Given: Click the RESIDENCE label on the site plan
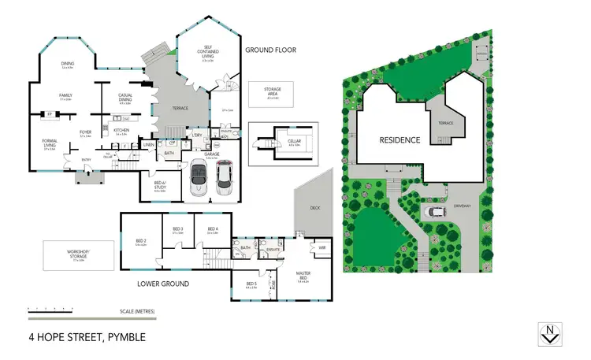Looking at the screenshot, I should [400, 140].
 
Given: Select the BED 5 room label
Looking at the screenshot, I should [251, 284].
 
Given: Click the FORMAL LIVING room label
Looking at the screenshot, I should [50, 146].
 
